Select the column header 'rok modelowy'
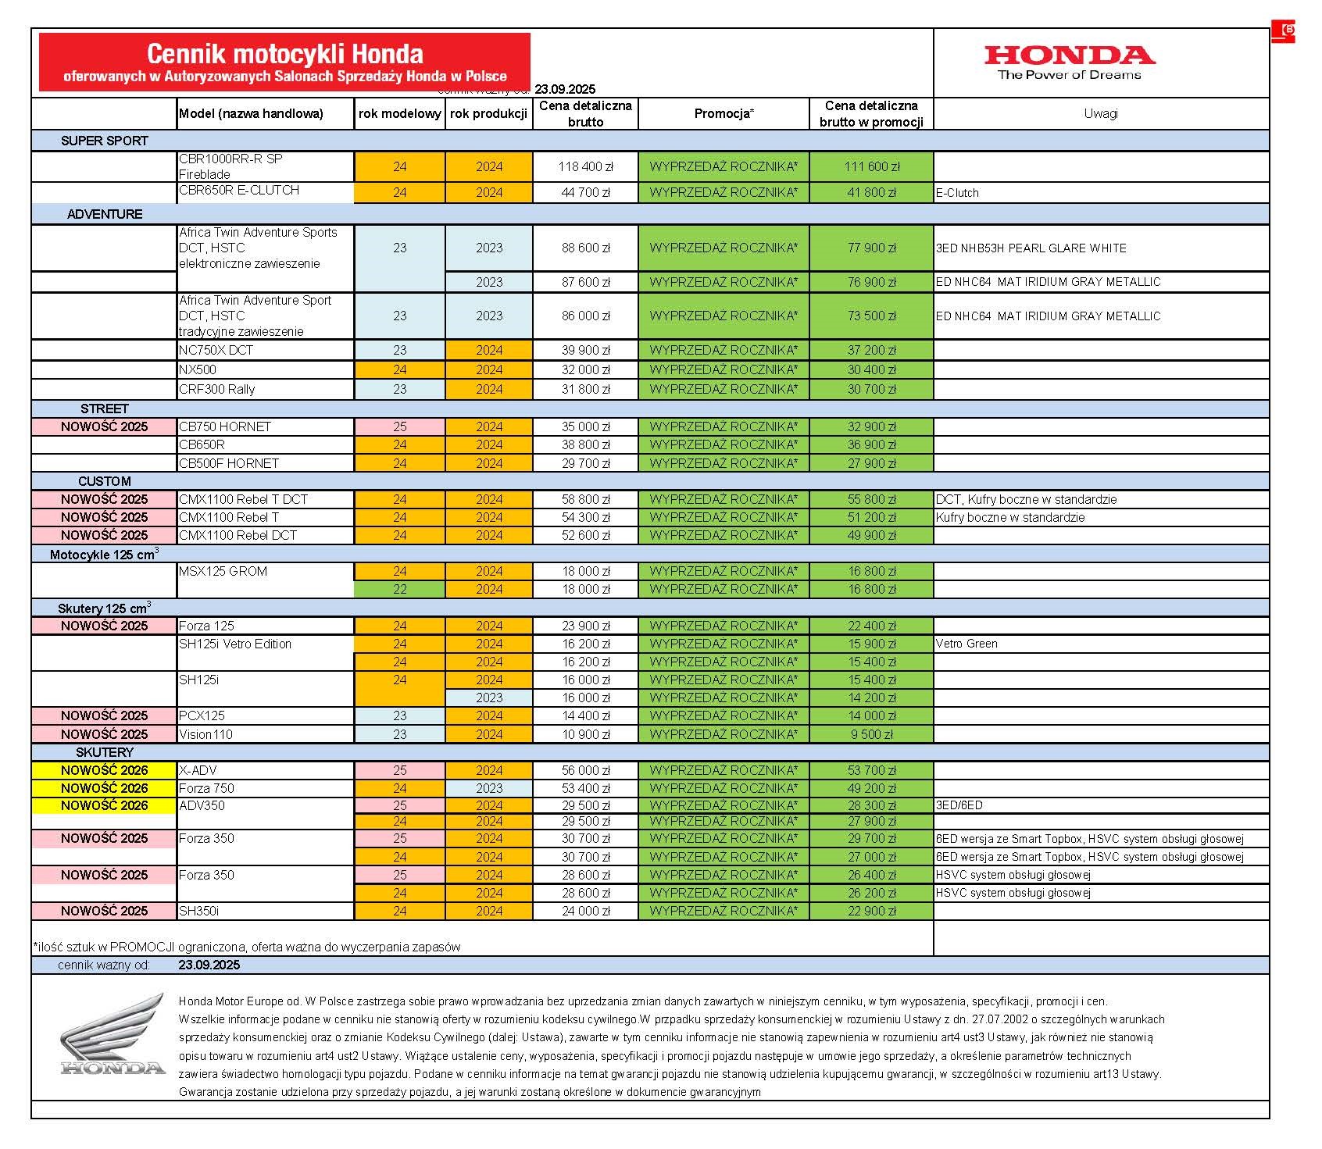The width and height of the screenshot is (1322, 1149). pyautogui.click(x=399, y=114)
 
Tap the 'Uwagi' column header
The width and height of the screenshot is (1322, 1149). pyautogui.click(x=1100, y=114)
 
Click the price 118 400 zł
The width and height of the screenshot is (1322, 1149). pyautogui.click(x=585, y=167)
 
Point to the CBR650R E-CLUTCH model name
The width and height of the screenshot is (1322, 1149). pyautogui.click(x=239, y=191)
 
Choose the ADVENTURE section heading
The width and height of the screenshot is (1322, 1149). pyautogui.click(x=105, y=214)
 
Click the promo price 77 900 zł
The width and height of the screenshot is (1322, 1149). pyautogui.click(x=871, y=248)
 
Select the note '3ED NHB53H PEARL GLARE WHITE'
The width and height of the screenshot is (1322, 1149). pyautogui.click(x=1031, y=248)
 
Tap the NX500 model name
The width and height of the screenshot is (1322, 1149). pyautogui.click(x=198, y=370)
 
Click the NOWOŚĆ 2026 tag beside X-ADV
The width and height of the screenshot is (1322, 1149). pyautogui.click(x=104, y=771)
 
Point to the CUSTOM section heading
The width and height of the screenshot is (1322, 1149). pyautogui.click(x=105, y=481)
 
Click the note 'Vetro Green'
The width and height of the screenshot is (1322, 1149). pyautogui.click(x=966, y=644)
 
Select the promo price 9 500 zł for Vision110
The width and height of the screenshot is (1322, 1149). pyautogui.click(x=871, y=735)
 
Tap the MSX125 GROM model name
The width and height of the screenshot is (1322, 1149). pyautogui.click(x=223, y=572)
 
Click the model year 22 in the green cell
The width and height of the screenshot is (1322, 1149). pyautogui.click(x=399, y=590)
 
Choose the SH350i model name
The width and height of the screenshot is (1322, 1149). pyautogui.click(x=199, y=912)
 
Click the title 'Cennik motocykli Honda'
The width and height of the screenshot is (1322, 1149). pyautogui.click(x=285, y=54)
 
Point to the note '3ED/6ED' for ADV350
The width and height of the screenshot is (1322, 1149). pyautogui.click(x=959, y=805)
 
